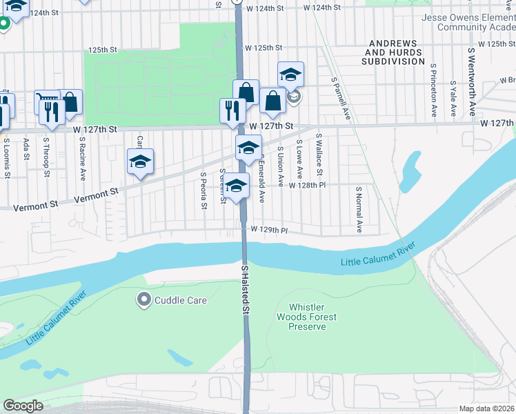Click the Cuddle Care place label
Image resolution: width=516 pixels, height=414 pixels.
tap(181, 300)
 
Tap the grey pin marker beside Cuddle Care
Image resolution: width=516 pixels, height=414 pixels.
tap(144, 300)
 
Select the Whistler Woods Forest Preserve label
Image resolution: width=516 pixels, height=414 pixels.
tap(312, 317)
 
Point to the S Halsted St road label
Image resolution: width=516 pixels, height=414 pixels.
tap(245, 290)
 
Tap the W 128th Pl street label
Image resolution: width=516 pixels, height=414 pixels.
tap(307, 186)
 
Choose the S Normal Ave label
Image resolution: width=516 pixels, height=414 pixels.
tap(359, 209)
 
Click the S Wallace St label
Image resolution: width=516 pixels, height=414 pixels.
tap(319, 155)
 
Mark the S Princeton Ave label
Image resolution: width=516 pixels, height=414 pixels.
tap(434, 90)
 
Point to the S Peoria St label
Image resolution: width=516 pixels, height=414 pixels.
tap(204, 192)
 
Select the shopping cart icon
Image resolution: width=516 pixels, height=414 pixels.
tap(46, 101)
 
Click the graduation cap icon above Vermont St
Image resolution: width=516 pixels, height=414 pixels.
tap(140, 161)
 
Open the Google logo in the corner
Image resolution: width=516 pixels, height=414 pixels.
tap(23, 406)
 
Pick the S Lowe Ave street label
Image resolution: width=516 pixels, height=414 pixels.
tap(299, 160)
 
